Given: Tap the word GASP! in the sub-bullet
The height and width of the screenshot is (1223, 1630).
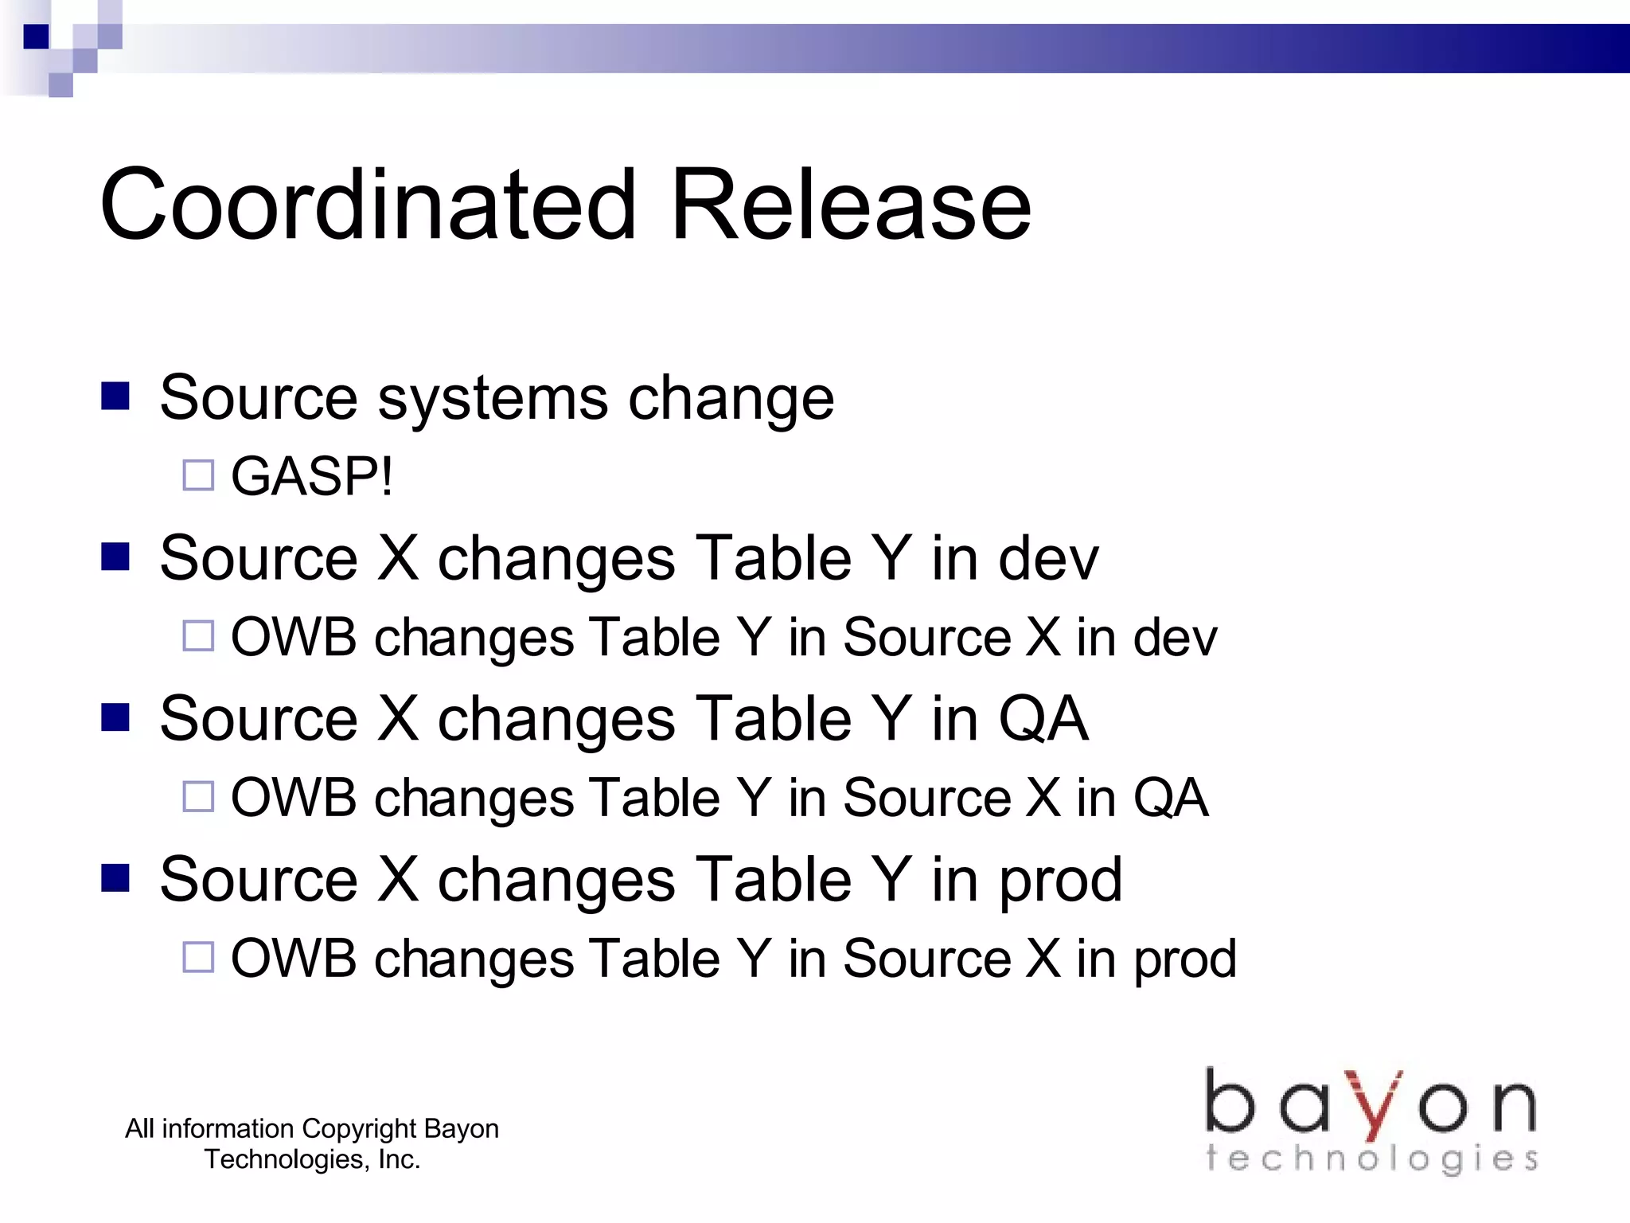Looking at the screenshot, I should [311, 476].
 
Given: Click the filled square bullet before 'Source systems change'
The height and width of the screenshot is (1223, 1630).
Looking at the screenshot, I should [115, 396].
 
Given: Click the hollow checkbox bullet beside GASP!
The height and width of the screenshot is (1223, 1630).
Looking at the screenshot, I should [198, 475].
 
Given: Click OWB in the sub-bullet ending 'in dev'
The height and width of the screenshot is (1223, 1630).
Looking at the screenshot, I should [293, 637].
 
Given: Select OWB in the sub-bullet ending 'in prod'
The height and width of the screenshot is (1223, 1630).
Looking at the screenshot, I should [293, 958].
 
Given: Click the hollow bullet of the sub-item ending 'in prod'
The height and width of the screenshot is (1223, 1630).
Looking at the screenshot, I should [198, 957].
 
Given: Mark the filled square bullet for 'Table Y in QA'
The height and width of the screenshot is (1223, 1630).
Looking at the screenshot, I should [115, 717].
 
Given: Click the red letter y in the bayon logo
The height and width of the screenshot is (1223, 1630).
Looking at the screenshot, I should [1375, 1105].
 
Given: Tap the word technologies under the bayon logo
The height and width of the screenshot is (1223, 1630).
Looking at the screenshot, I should [1371, 1159].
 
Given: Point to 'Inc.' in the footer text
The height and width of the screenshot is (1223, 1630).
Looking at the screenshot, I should [399, 1159].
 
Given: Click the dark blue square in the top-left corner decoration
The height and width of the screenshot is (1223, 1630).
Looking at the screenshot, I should [36, 37].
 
